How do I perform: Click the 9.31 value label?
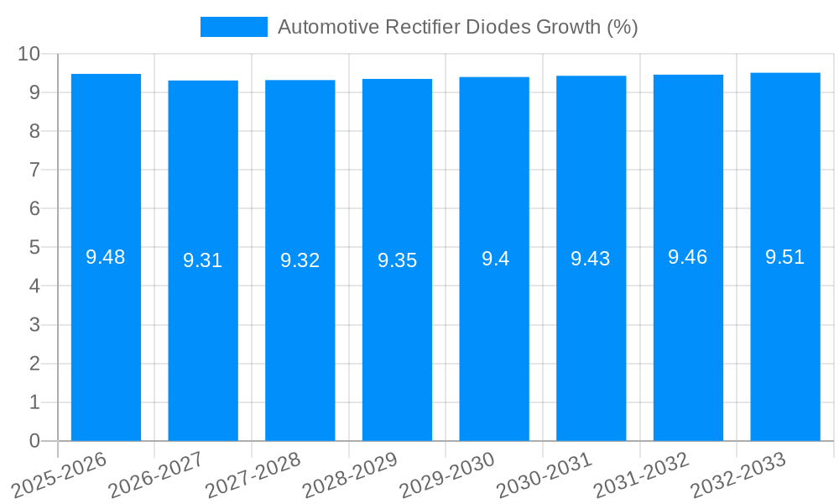click(203, 260)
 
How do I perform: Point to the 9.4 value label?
click(495, 259)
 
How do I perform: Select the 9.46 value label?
click(688, 257)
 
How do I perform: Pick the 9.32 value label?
click(300, 260)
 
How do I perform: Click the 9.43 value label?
click(591, 259)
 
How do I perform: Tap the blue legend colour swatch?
click(233, 27)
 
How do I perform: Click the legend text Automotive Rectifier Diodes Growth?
click(457, 27)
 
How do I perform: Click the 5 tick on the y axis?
click(34, 248)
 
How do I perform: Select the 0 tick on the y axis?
click(34, 441)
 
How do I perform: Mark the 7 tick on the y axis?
click(34, 170)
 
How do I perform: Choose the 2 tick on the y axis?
click(34, 364)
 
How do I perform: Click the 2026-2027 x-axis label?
click(156, 475)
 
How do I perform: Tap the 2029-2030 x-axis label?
click(447, 475)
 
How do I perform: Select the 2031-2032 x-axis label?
click(641, 475)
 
